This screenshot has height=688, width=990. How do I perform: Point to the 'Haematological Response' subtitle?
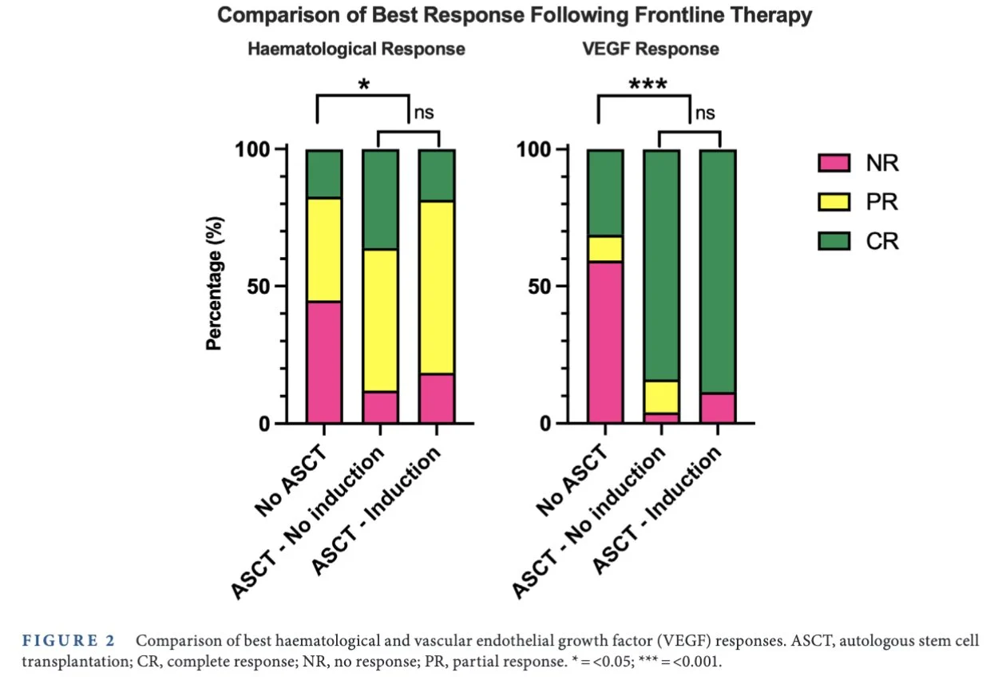point(356,49)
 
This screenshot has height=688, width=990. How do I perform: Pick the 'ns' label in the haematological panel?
point(422,113)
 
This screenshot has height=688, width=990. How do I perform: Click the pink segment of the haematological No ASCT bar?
point(325,362)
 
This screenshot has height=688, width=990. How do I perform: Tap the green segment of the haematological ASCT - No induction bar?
point(381,200)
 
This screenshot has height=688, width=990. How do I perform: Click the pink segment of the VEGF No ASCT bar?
point(605,342)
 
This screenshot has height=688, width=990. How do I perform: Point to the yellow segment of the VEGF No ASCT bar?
point(605,249)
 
